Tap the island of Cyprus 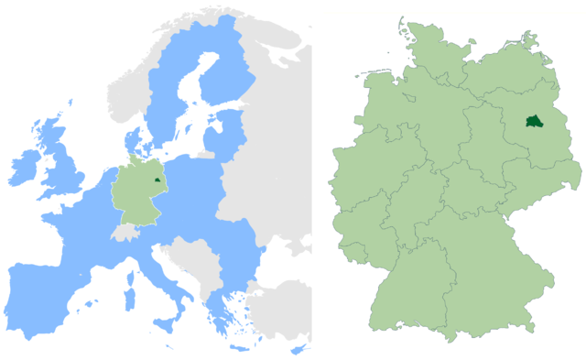coord(297,350)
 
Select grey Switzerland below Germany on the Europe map coord(125,233)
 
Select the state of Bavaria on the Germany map coord(476,284)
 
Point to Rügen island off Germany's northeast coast coord(530,38)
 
